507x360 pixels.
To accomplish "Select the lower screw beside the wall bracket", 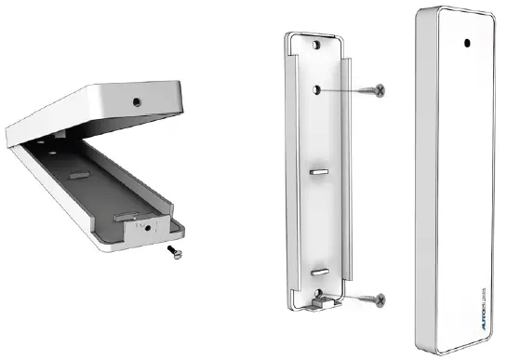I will [370, 299].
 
